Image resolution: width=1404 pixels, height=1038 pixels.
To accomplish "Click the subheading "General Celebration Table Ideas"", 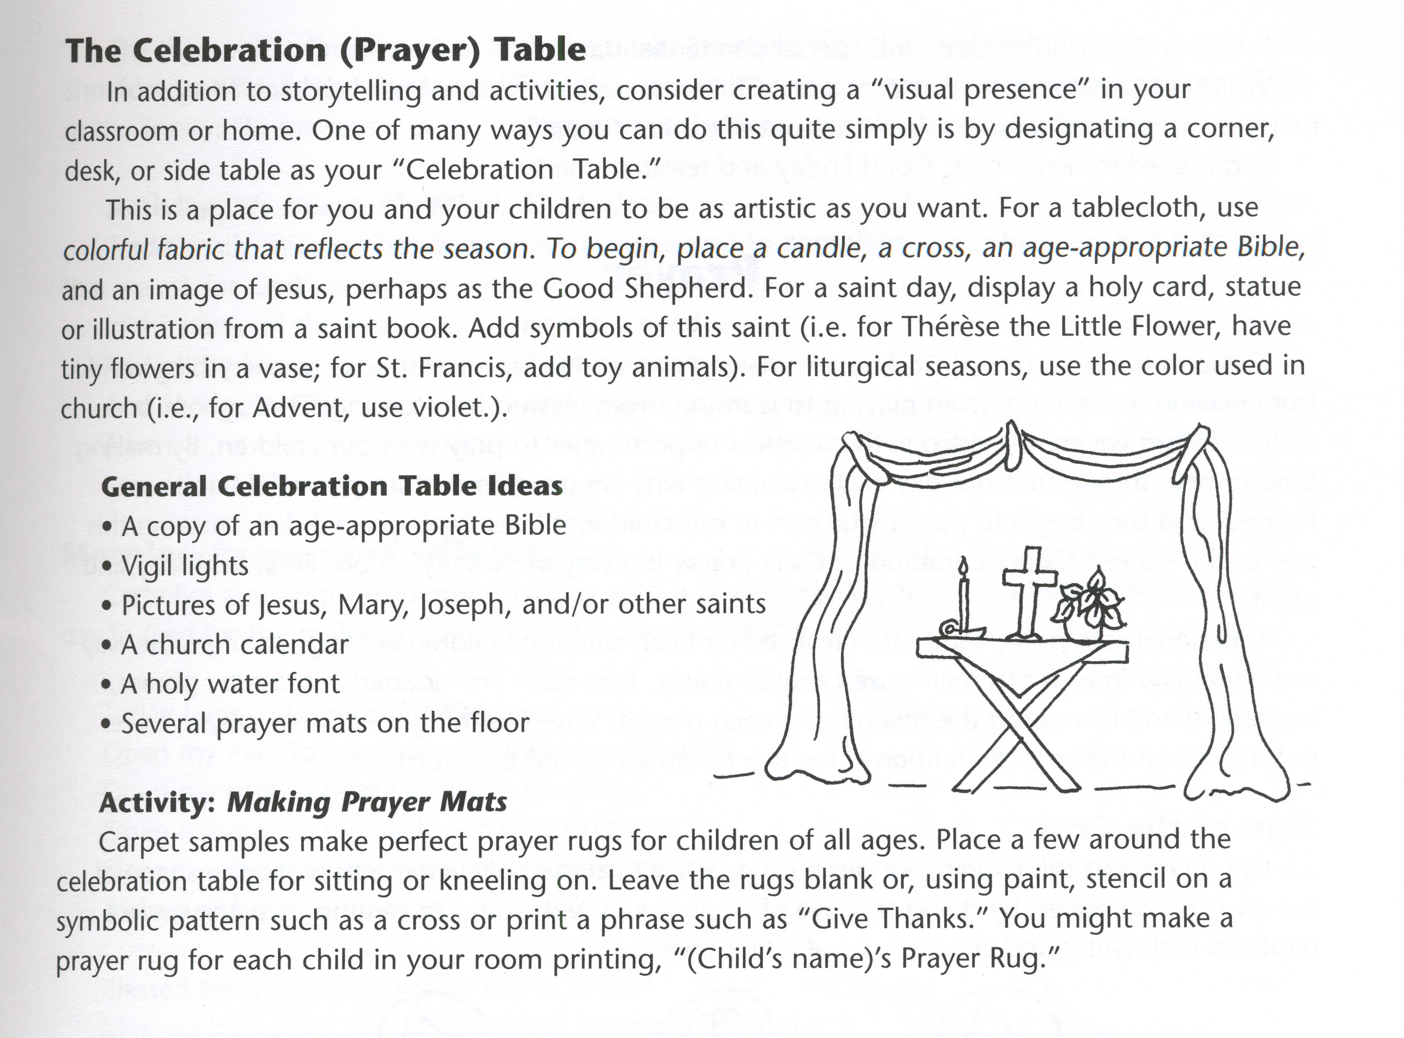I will click(x=332, y=486).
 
